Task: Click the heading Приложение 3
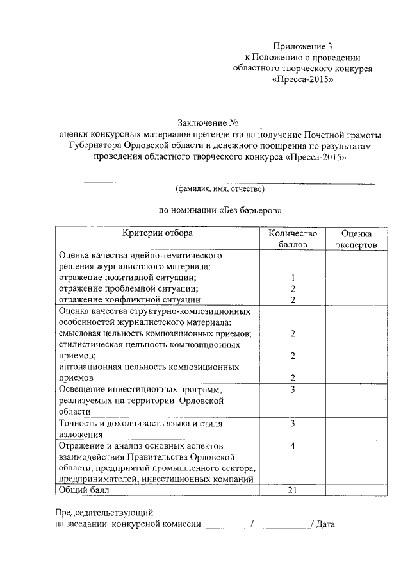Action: pyautogui.click(x=303, y=46)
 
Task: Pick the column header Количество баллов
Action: pyautogui.click(x=292, y=239)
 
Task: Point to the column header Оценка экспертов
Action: pyautogui.click(x=357, y=239)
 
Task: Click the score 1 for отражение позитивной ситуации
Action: pyautogui.click(x=292, y=278)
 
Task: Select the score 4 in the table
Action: pyautogui.click(x=292, y=445)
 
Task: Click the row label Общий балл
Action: pyautogui.click(x=84, y=490)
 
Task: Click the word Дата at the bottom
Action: pyautogui.click(x=325, y=525)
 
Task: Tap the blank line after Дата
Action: pyautogui.click(x=359, y=526)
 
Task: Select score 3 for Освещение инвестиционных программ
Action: pyautogui.click(x=292, y=390)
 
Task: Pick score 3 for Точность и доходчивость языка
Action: pyautogui.click(x=292, y=424)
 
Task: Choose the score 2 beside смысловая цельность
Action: pyautogui.click(x=292, y=334)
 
